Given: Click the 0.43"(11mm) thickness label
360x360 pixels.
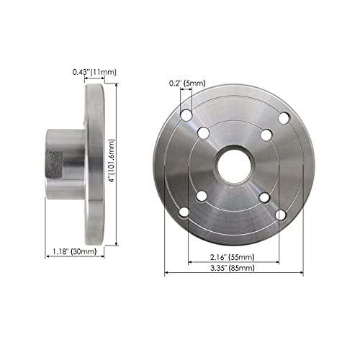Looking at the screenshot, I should coord(95,72).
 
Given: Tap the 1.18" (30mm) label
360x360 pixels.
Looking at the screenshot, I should coord(76,251).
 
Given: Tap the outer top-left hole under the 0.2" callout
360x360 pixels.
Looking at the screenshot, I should coord(186,114).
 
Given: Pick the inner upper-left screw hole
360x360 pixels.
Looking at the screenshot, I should coord(204,132).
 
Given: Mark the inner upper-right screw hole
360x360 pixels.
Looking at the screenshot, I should coord(264,132).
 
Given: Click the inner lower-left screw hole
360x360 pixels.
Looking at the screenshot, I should coord(204,195).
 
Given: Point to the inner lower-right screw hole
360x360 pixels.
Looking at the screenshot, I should coord(264,195).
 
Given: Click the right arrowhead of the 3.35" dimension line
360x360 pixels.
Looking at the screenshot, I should coord(300,272).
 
